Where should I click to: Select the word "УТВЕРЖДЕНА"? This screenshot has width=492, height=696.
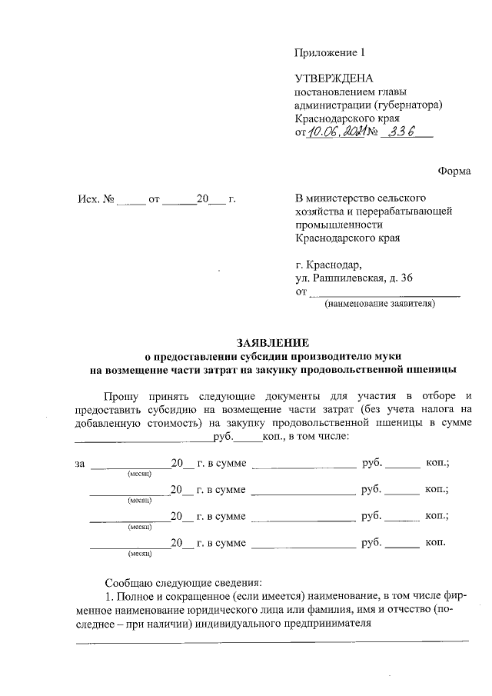334,78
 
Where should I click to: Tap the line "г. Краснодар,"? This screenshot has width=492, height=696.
327,264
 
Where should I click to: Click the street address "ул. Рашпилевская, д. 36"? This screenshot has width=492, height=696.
354,278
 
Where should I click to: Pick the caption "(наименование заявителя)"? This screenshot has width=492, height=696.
380,305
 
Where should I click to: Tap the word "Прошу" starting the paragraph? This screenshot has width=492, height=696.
111,395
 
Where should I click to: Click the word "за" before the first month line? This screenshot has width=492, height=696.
79,464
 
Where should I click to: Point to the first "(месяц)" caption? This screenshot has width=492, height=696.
139,475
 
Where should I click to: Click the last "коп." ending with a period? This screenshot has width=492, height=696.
436,542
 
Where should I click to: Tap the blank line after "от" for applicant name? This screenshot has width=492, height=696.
384,293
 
